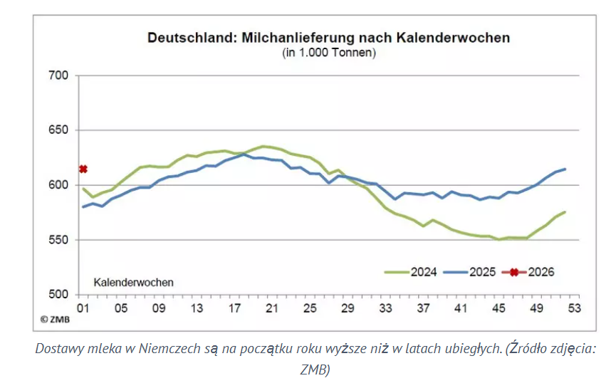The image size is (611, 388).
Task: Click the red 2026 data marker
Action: point(83,169)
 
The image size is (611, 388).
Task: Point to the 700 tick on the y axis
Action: point(57,75)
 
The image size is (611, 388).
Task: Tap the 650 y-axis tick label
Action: point(57,130)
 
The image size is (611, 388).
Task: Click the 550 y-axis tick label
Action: point(57,240)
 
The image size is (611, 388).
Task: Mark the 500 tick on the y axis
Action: point(57,295)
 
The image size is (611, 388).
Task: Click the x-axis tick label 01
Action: point(83,309)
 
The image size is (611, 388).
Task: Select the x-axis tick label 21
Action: point(271,309)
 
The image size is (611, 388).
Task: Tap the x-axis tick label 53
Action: point(573,309)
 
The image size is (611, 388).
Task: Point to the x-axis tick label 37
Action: point(422,309)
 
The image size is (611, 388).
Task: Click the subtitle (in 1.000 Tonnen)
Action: point(328,52)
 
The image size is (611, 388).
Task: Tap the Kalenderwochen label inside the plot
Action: point(134,282)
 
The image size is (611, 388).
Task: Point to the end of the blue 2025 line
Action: point(565,169)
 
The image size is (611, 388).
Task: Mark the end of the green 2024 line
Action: point(565,211)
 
